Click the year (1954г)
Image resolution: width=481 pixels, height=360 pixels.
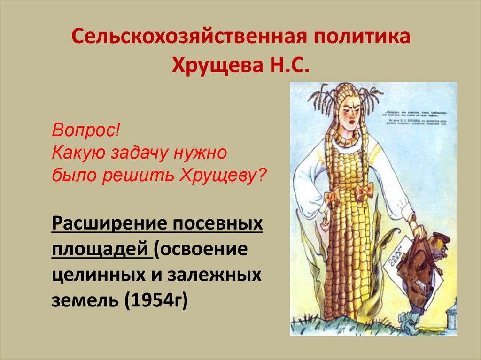(155, 299)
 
